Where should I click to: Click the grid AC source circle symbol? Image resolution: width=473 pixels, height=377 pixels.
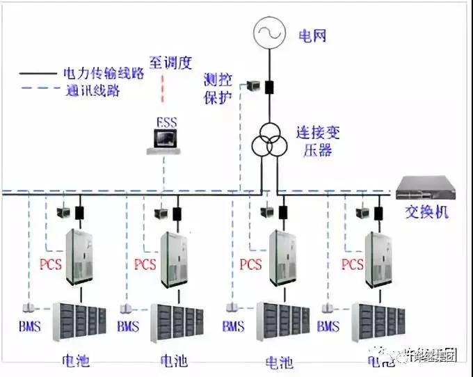(267, 32)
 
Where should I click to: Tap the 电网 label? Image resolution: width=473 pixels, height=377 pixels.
(312, 35)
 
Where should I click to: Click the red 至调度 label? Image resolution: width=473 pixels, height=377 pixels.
(170, 61)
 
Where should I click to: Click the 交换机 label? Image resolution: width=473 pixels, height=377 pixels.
(426, 211)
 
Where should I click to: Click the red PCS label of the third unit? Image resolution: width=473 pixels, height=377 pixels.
(250, 264)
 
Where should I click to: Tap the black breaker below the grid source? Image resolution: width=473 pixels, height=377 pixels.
(268, 88)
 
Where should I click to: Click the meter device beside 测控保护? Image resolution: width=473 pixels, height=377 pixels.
(251, 86)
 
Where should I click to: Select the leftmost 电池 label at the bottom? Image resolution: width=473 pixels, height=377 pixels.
(76, 361)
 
